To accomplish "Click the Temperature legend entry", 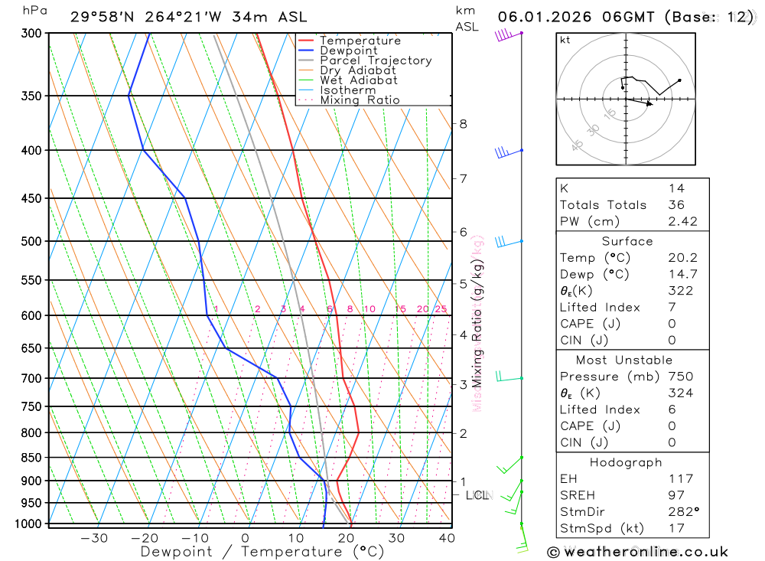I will (360, 41).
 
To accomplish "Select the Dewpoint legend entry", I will (348, 51).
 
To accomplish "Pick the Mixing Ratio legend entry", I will (360, 100).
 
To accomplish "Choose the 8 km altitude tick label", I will (463, 123).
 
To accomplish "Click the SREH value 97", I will (675, 495).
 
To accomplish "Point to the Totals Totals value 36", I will (675, 204).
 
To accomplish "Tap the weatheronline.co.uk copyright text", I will (637, 551).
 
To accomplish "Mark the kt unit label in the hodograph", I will (565, 40).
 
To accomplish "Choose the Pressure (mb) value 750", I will (680, 377).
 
